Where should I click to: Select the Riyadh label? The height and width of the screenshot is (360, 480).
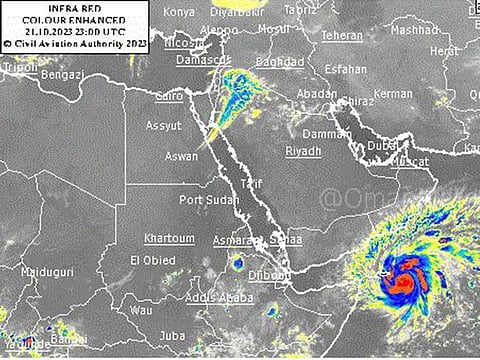pyautogui.click(x=303, y=150)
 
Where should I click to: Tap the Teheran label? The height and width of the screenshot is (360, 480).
pyautogui.click(x=342, y=36)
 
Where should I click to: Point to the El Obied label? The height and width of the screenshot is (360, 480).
pyautogui.click(x=152, y=261)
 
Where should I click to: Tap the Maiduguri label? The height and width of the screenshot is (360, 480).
pyautogui.click(x=42, y=272)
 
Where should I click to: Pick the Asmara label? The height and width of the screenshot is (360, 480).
pyautogui.click(x=231, y=241)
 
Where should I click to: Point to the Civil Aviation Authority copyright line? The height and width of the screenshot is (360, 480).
pyautogui.click(x=76, y=43)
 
